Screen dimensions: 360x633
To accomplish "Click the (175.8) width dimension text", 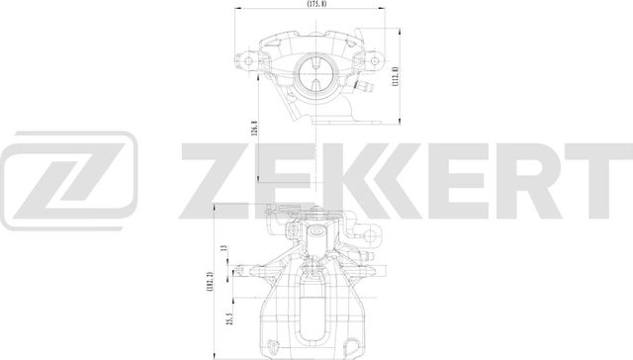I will coord(316,5).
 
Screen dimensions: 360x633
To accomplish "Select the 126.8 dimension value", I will coord(255,130).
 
